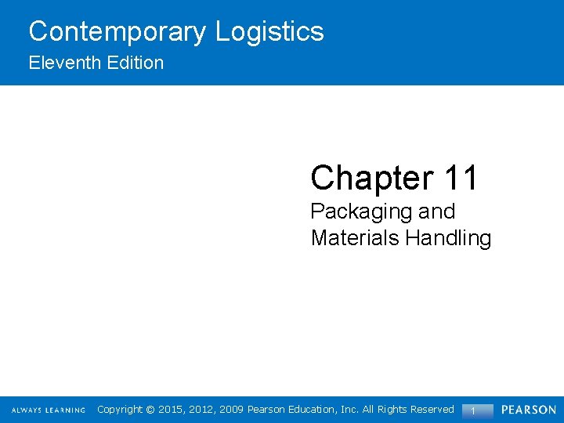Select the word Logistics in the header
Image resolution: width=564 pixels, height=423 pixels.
tap(269, 32)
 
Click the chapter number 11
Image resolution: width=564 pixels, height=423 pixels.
tap(460, 178)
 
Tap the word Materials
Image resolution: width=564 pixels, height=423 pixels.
tap(356, 238)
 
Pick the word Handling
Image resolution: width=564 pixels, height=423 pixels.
tap(448, 238)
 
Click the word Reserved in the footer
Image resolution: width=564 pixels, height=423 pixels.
tap(429, 410)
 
